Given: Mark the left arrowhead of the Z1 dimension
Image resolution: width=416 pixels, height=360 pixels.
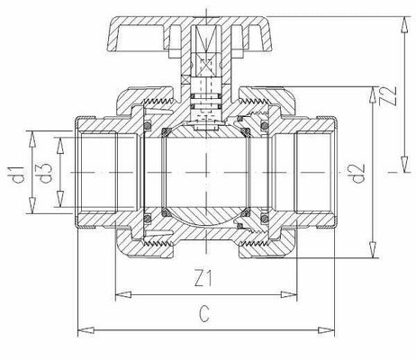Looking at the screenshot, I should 121,292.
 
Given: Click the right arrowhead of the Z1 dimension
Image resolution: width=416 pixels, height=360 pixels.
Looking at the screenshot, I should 294,292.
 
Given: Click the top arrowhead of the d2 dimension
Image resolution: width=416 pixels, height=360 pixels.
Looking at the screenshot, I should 371,91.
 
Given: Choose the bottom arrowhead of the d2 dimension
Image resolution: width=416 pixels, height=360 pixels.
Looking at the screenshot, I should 371,256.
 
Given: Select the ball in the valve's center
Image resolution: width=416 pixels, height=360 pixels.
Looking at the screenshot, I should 206,170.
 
